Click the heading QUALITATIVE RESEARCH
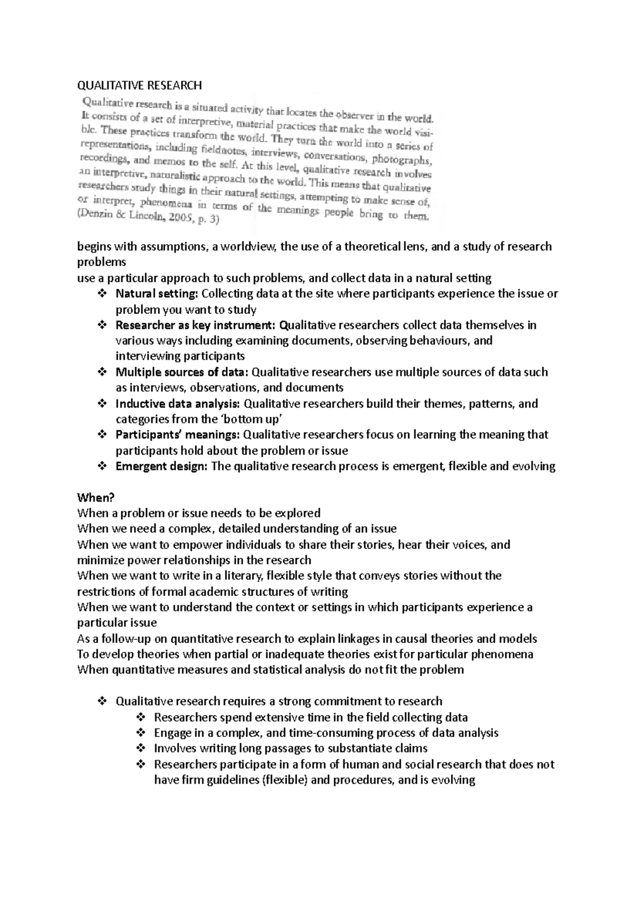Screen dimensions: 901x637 (140, 85)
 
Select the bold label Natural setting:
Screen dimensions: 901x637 (157, 294)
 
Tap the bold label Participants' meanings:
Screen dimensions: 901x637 (178, 435)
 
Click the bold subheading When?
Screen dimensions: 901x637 (96, 498)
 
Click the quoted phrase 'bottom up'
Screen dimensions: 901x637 (251, 420)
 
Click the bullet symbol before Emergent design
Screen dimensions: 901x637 (102, 466)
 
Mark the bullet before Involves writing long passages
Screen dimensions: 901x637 (141, 749)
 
